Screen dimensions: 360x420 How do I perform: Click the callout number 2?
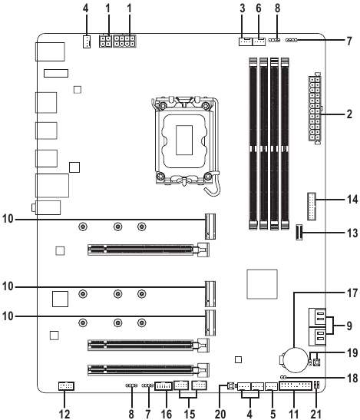349,114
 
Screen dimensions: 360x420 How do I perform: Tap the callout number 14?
352,200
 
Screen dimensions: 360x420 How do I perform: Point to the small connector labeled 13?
299,233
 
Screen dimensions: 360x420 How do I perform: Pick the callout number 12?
64,414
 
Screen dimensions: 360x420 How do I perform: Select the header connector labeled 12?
66,386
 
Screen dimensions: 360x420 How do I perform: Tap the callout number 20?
220,414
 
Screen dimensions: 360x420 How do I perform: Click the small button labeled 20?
230,386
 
